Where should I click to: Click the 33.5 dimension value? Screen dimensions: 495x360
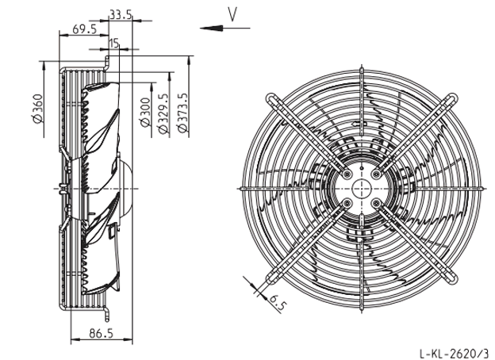pos(121,14)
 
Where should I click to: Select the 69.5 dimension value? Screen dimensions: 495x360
pos(84,29)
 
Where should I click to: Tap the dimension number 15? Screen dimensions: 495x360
pos(114,43)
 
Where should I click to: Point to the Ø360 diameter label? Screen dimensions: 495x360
pos(37,109)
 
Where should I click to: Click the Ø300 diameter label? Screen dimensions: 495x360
pos(145,113)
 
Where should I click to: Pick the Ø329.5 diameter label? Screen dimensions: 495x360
pos(163,113)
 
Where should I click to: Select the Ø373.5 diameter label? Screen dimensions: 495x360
pos(182,113)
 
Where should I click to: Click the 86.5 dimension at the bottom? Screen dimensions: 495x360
pos(101,333)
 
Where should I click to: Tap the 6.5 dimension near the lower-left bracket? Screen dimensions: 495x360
pos(277,303)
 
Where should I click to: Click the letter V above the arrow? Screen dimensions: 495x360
pos(232,14)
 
